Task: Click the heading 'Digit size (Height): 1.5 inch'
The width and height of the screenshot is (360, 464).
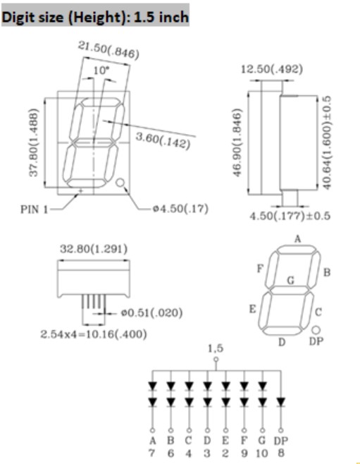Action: click(x=95, y=17)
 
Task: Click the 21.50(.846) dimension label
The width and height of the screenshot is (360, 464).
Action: click(x=108, y=49)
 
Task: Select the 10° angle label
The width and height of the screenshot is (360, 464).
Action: click(x=101, y=71)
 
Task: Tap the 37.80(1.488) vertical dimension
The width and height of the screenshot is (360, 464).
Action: click(x=34, y=142)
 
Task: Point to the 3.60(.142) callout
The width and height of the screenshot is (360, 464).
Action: click(x=163, y=140)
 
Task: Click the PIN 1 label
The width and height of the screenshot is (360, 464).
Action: click(x=34, y=209)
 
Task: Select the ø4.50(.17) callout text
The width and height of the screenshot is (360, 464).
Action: click(x=180, y=209)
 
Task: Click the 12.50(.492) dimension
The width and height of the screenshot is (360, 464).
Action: click(x=272, y=69)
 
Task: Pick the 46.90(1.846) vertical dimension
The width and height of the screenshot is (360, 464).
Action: click(x=238, y=142)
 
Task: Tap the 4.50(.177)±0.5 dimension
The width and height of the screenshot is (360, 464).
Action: click(x=290, y=216)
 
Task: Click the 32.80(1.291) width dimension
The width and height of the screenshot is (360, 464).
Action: click(x=94, y=249)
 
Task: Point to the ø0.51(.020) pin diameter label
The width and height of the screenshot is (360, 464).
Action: click(x=152, y=313)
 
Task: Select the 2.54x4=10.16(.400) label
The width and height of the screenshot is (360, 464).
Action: click(x=94, y=334)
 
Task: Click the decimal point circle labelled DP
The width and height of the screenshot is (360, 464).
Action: click(x=316, y=329)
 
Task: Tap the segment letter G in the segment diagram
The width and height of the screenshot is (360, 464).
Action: click(x=291, y=280)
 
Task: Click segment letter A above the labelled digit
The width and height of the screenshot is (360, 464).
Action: click(x=297, y=238)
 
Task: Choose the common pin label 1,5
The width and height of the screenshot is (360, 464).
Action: click(x=216, y=348)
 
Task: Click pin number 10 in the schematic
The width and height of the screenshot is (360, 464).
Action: click(x=262, y=453)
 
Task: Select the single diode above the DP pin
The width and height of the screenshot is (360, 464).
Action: click(x=281, y=402)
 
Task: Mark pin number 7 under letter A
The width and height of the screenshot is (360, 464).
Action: click(x=152, y=453)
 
